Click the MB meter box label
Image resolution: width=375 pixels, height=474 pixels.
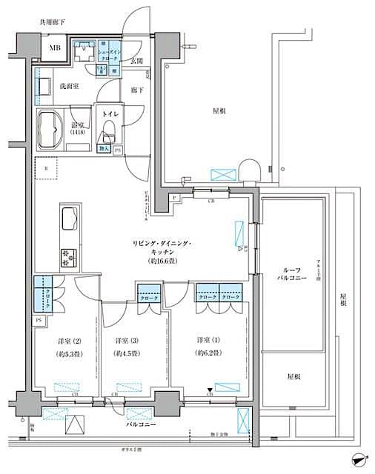[56, 50]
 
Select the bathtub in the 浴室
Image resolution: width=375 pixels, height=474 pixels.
[51, 130]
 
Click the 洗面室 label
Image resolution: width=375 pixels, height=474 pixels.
[71, 87]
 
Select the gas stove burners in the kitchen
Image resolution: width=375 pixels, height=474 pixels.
[69, 257]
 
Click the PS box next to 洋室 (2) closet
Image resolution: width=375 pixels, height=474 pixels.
[38, 320]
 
